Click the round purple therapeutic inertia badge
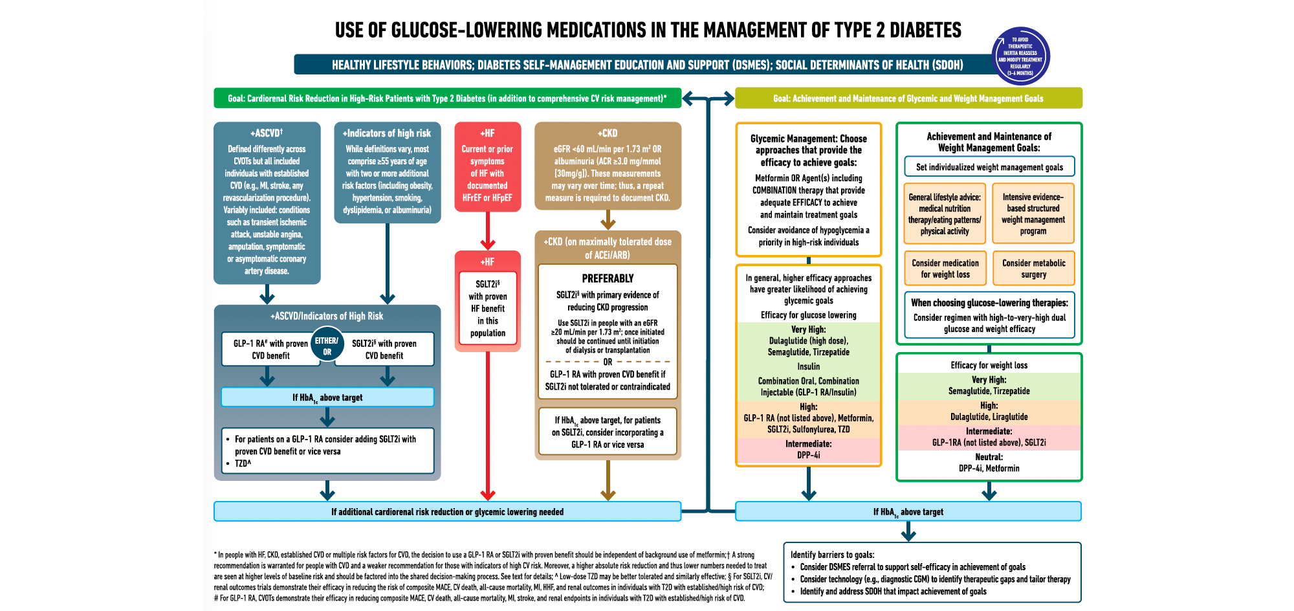(x=1020, y=56)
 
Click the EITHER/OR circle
(x=327, y=346)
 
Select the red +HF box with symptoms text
(x=487, y=167)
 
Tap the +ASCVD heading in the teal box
(x=267, y=133)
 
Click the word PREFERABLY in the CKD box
(x=608, y=278)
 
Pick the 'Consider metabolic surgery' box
(x=1033, y=269)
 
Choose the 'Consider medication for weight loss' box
(x=945, y=269)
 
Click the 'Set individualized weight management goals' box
(x=989, y=167)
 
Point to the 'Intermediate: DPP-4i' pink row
(x=808, y=450)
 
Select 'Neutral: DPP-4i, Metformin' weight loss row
(x=989, y=463)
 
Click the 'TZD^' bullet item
(x=243, y=463)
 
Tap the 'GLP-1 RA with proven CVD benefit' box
(x=270, y=350)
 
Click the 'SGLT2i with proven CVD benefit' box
(x=384, y=350)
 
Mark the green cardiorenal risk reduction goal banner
(x=447, y=98)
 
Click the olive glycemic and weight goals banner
(x=908, y=98)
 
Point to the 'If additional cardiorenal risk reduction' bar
(x=447, y=511)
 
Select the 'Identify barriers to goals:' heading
(x=832, y=555)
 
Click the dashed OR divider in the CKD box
(x=608, y=362)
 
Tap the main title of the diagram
(x=648, y=30)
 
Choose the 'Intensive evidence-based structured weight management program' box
(x=1033, y=214)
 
